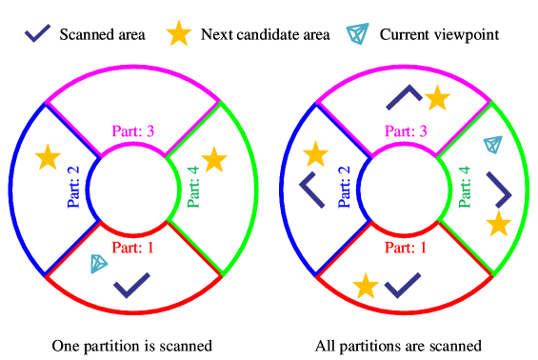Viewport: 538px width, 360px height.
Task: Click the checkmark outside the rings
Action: tap(37, 33)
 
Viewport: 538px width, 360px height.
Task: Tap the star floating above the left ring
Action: tap(179, 33)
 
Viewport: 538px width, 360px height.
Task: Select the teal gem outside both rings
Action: tap(357, 33)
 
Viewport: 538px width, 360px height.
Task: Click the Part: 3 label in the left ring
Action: tap(133, 131)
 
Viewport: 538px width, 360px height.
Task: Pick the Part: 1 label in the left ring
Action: tap(133, 248)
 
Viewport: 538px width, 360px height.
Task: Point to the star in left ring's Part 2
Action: tap(48, 157)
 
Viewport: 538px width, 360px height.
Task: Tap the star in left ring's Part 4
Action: tap(214, 160)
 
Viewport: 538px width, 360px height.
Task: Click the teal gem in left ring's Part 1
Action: tap(99, 263)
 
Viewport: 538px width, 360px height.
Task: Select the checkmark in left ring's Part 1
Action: tap(131, 284)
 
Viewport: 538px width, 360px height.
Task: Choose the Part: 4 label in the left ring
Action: tap(194, 187)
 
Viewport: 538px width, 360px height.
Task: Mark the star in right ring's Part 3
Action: tap(437, 98)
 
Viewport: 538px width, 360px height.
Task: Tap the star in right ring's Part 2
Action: tap(315, 154)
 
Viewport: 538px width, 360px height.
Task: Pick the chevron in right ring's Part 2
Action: tap(311, 189)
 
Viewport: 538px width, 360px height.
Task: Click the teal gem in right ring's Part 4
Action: tap(492, 144)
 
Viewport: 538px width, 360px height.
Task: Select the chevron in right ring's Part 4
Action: tap(500, 190)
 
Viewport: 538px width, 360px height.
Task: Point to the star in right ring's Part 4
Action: tap(498, 224)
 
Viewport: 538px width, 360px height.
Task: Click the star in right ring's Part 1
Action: tap(366, 286)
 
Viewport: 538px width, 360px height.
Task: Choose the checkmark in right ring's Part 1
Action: tap(403, 284)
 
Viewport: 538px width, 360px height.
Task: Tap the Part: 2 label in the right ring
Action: tap(345, 187)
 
